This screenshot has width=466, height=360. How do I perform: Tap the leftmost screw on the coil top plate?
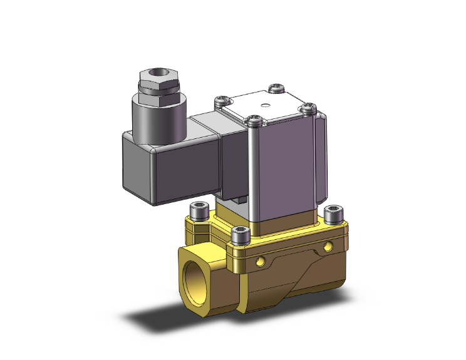220,100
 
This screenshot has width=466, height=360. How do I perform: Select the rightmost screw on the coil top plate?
307,108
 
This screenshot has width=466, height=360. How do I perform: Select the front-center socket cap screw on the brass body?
241,235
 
